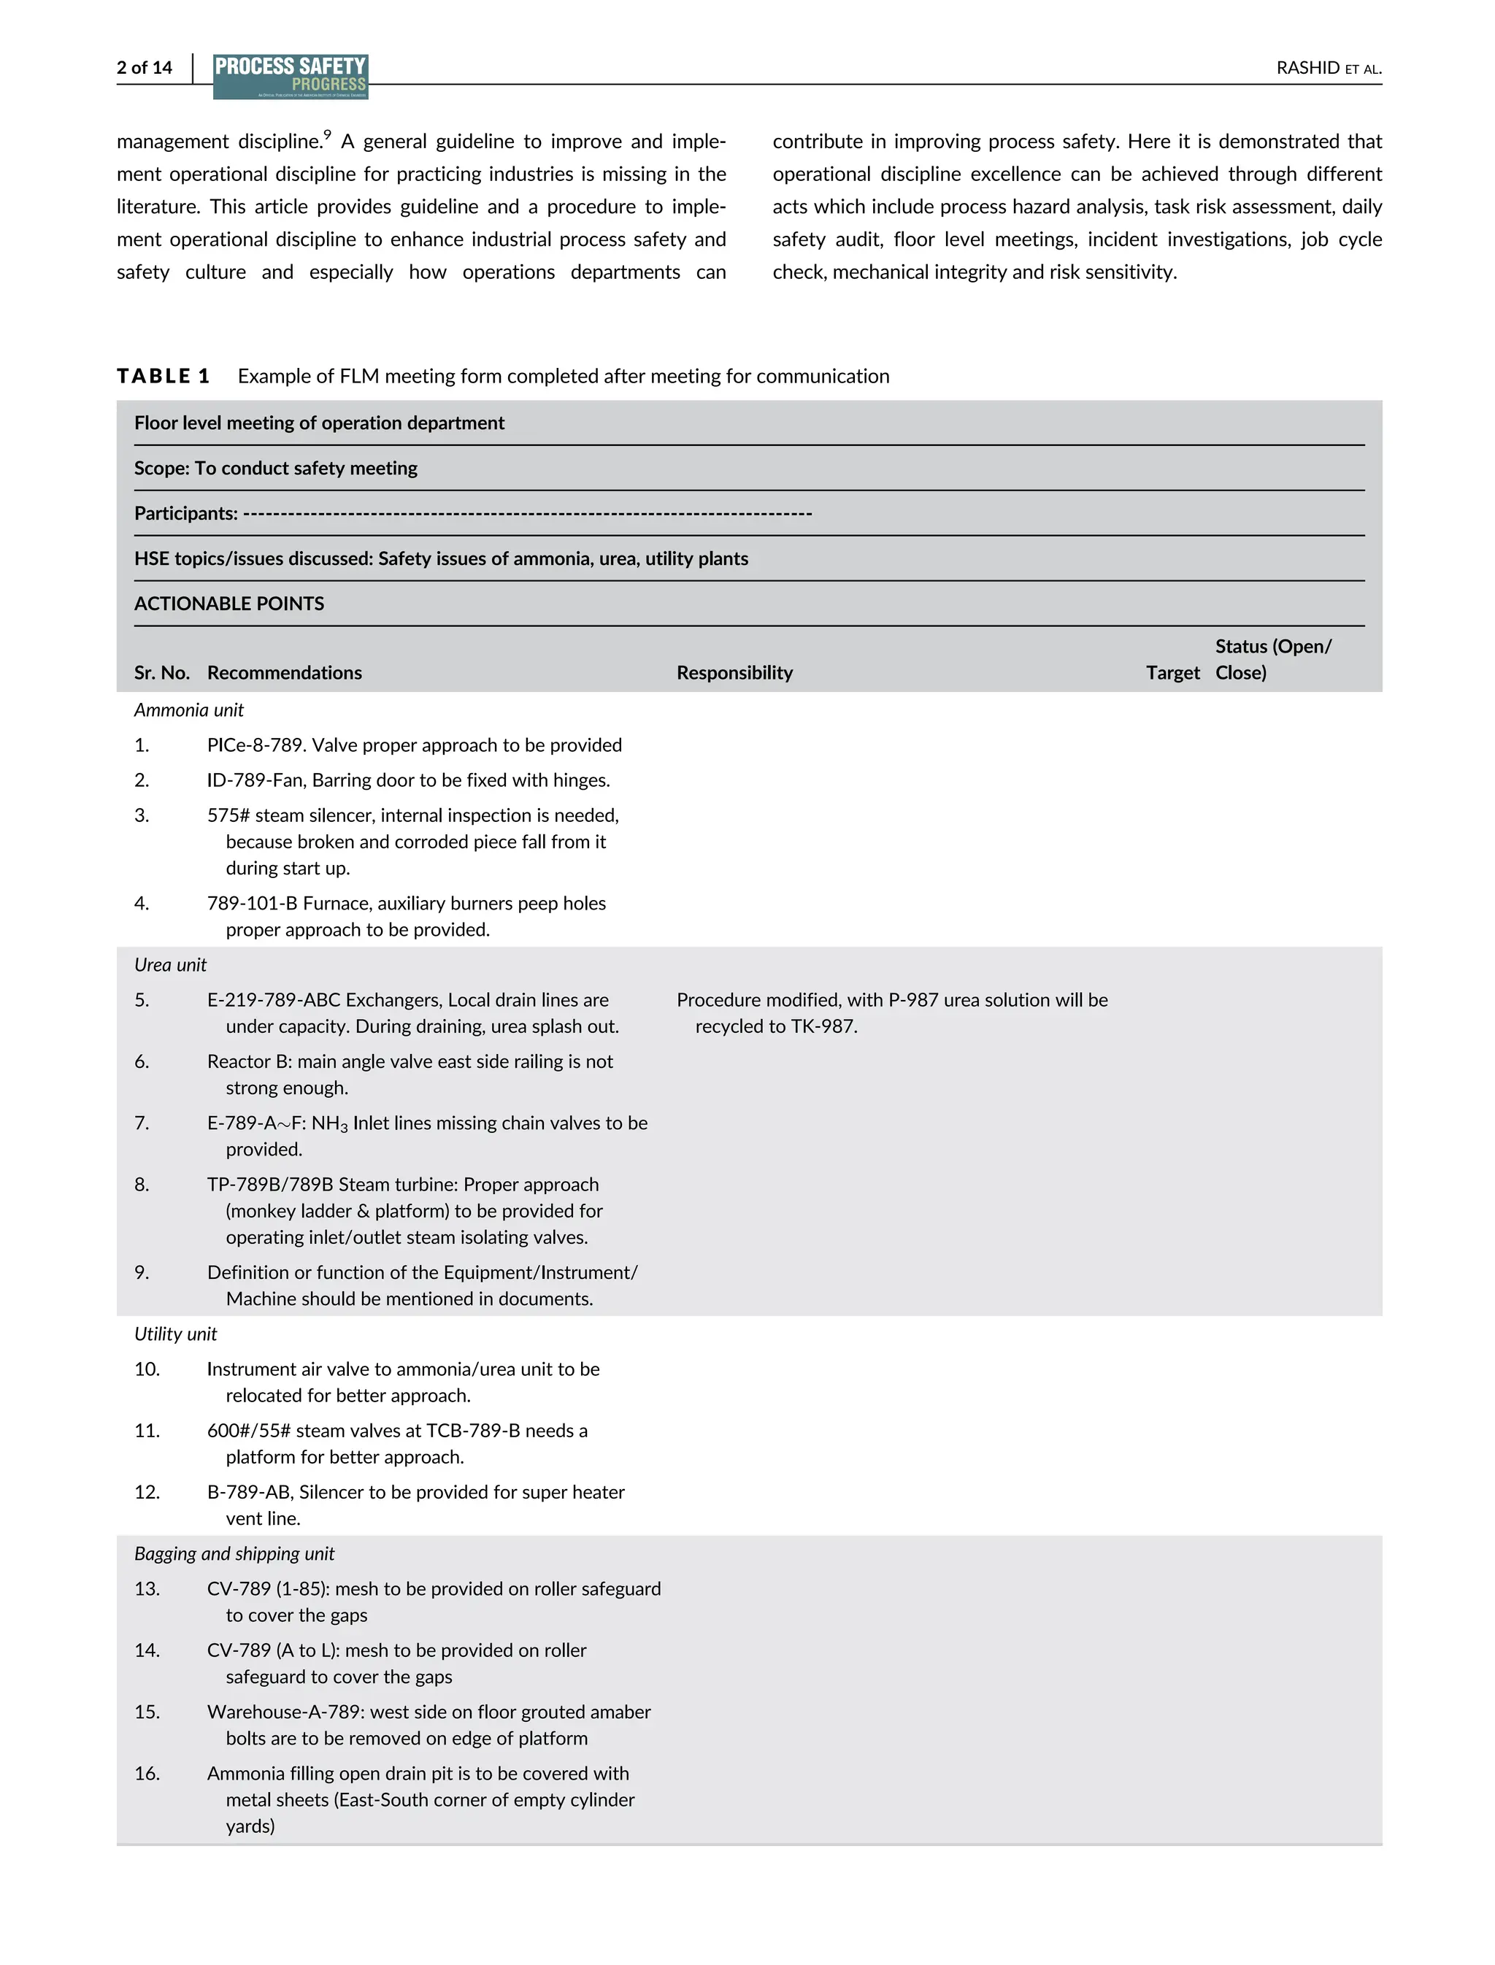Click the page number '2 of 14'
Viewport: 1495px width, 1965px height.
[x=144, y=68]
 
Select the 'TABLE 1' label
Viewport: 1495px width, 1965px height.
[x=163, y=377]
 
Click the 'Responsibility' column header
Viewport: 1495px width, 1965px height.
[x=734, y=673]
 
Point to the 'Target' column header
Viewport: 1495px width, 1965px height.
[x=1172, y=673]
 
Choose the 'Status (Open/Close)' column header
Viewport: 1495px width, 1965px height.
[x=1272, y=659]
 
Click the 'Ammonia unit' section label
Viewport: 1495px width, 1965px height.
[x=188, y=710]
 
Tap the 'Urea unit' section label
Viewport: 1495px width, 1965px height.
[x=170, y=965]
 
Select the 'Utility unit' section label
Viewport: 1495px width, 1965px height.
[x=175, y=1334]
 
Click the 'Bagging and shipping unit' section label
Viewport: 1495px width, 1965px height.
[x=234, y=1554]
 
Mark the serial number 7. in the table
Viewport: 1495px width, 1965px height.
[x=142, y=1123]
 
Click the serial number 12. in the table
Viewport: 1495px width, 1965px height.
[x=147, y=1493]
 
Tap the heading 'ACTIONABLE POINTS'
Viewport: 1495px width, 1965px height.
[x=228, y=604]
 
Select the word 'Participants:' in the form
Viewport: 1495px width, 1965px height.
[x=185, y=513]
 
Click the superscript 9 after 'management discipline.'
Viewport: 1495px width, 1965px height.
[x=328, y=135]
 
